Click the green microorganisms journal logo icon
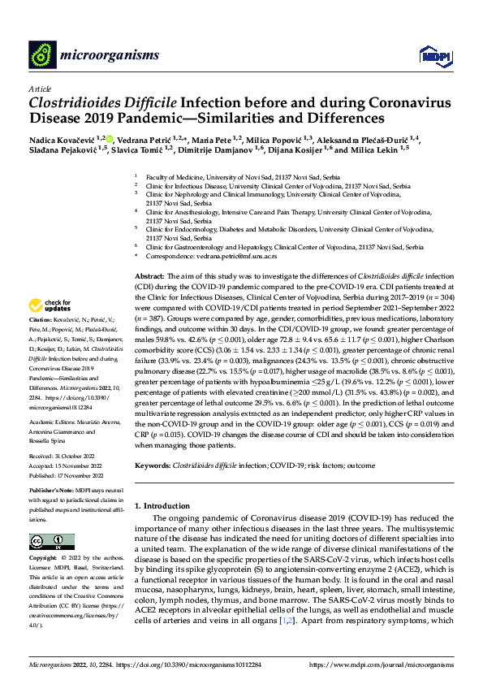click(x=42, y=55)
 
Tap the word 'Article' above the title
click(x=39, y=89)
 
